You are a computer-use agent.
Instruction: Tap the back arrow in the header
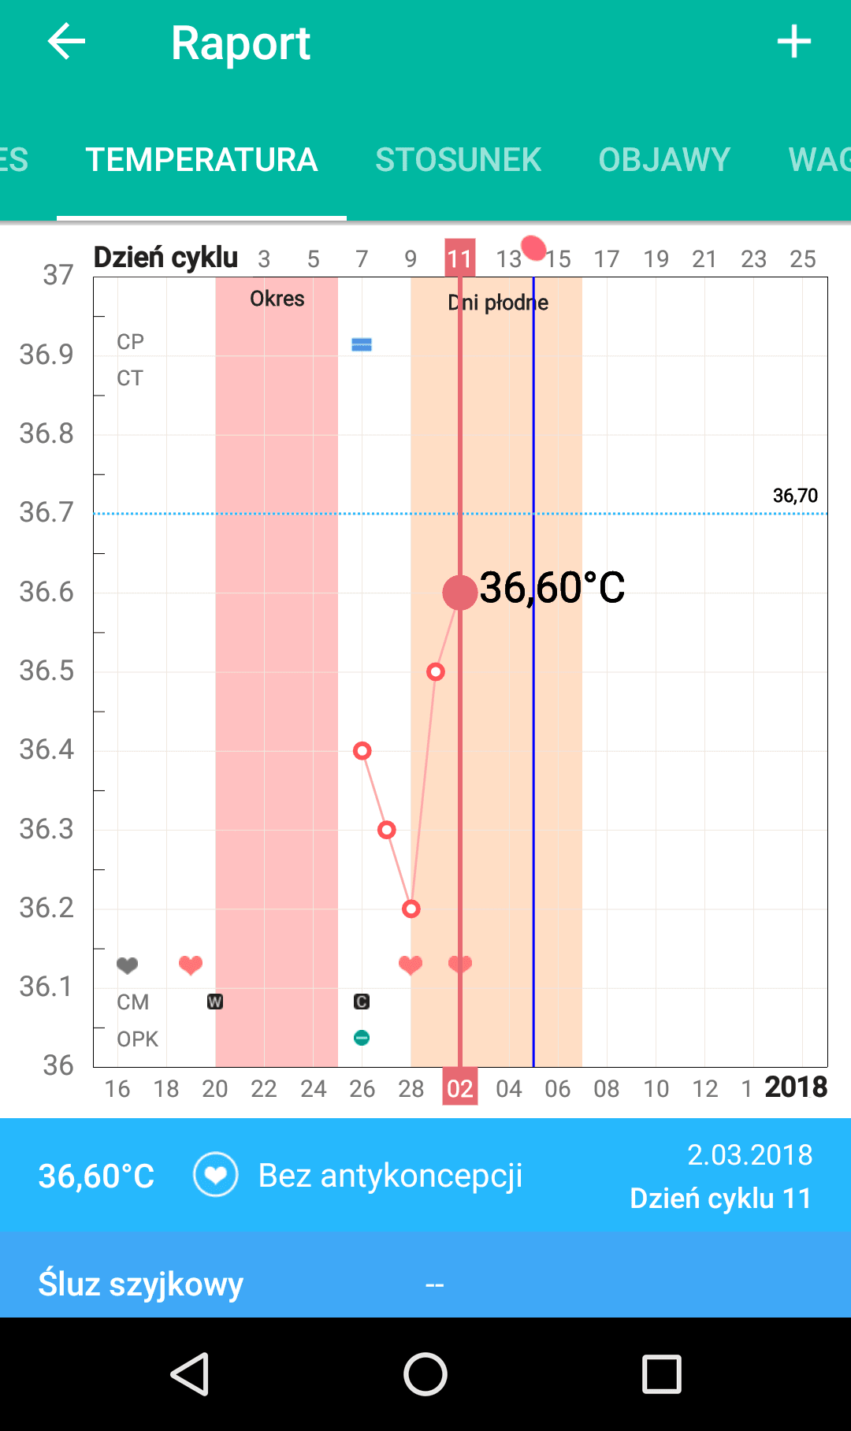coord(66,42)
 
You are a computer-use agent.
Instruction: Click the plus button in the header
coord(793,42)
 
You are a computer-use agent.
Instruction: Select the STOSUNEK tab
coord(458,160)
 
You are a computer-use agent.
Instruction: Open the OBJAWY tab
coord(664,160)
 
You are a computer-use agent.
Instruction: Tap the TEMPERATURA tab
coord(202,160)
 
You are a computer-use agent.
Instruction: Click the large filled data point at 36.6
coord(460,593)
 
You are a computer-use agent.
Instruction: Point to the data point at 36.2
coord(411,909)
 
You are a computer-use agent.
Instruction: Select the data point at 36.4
coord(362,751)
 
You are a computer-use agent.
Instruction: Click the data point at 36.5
coord(436,672)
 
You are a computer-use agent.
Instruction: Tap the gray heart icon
coord(127,965)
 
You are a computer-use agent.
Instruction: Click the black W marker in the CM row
coord(214,1002)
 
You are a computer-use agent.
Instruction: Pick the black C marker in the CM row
coord(362,1002)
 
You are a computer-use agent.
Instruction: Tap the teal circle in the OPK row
coord(362,1038)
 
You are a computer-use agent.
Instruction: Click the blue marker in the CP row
coord(362,344)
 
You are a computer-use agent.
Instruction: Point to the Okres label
coord(277,299)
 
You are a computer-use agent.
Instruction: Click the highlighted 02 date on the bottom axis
coord(460,1088)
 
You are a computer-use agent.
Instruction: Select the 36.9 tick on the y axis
coord(46,355)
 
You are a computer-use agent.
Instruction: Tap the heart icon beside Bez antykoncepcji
coord(215,1175)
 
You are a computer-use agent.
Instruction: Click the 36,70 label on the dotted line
coord(795,496)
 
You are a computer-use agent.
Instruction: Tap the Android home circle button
coord(425,1374)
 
